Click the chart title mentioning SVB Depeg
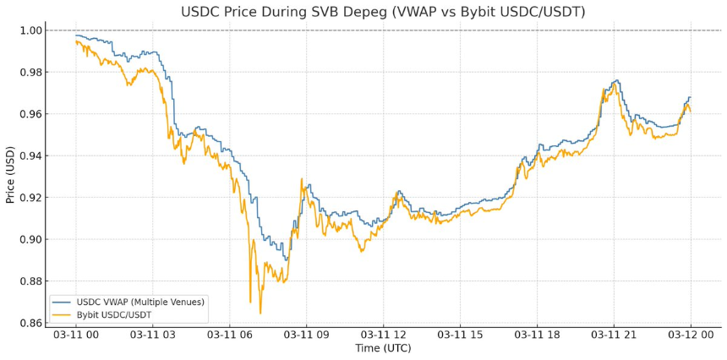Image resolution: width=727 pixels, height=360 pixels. tap(383, 12)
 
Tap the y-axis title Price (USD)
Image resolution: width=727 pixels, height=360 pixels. tap(11, 173)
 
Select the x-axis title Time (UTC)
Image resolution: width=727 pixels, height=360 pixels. tap(383, 348)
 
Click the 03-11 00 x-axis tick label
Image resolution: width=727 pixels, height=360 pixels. tap(76, 335)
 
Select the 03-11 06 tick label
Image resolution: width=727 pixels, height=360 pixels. tap(230, 335)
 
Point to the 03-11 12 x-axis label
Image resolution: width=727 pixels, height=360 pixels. tap(383, 335)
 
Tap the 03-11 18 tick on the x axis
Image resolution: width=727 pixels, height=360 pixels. tap(537, 335)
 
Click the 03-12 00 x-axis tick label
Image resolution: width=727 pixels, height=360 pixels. tap(690, 335)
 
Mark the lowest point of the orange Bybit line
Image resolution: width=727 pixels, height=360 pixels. tap(260, 314)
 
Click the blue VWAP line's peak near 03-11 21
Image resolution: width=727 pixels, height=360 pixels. tap(617, 80)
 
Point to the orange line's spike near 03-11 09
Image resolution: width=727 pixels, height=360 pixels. tap(301, 179)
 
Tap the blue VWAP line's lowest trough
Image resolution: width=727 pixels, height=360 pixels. tap(286, 259)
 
